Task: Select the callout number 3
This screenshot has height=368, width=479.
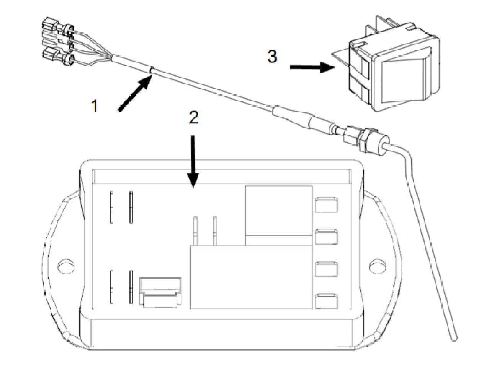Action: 272,57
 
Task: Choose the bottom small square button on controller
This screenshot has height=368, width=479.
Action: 327,301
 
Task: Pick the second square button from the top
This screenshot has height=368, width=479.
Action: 327,237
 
